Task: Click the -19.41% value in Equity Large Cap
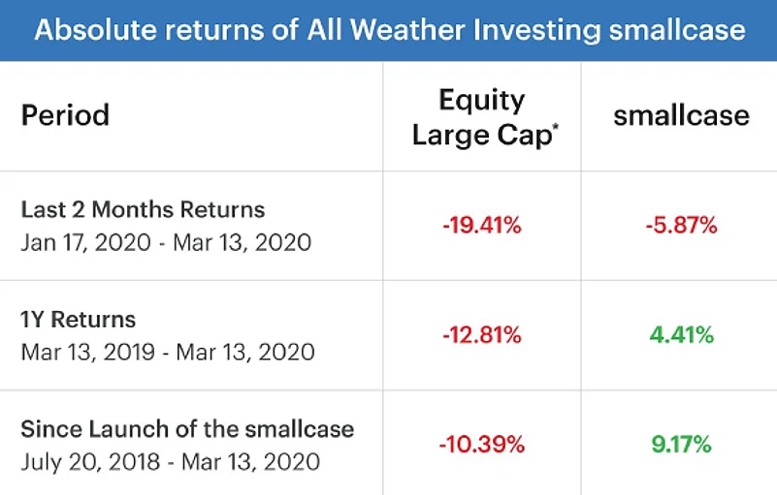[482, 226]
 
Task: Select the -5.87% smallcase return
[681, 226]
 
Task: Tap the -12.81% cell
[482, 335]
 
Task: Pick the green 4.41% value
[681, 335]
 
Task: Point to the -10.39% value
[482, 444]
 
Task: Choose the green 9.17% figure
[681, 444]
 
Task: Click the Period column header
[65, 115]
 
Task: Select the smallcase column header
[681, 116]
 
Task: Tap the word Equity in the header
[482, 102]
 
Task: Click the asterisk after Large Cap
[556, 127]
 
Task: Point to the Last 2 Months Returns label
[143, 209]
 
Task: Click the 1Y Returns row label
[78, 320]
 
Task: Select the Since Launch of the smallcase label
[187, 429]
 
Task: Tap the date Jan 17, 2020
[85, 243]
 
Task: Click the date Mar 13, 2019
[87, 353]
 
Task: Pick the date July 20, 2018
[90, 462]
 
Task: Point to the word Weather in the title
[407, 30]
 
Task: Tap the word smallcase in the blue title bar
[677, 30]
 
